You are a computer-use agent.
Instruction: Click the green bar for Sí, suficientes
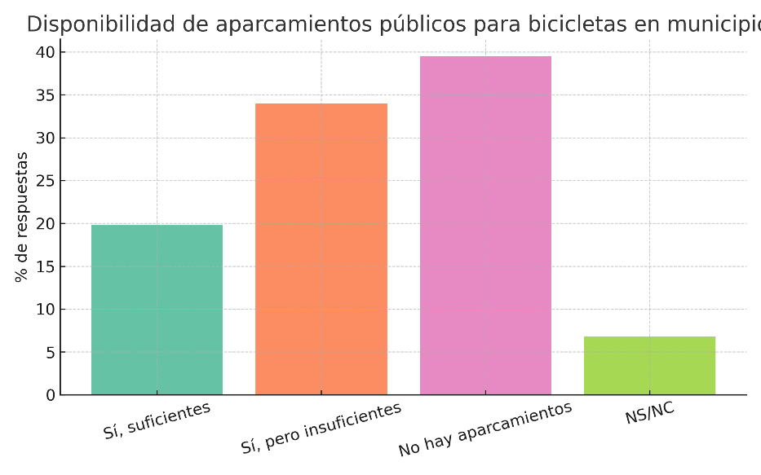[x=157, y=310]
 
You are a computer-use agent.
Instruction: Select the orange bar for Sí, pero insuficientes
[x=321, y=249]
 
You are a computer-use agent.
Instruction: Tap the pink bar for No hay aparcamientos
[x=485, y=226]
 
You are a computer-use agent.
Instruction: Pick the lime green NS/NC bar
[x=649, y=366]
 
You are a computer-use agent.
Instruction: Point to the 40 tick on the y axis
[x=46, y=52]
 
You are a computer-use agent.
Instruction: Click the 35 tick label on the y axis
[x=46, y=95]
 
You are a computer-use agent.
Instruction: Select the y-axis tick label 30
[x=46, y=138]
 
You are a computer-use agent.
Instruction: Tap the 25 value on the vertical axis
[x=46, y=181]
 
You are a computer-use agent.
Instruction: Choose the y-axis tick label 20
[x=46, y=224]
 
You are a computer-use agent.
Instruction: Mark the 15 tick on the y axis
[x=46, y=266]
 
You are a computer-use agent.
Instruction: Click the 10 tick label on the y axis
[x=46, y=310]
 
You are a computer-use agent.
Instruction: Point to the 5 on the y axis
[x=51, y=353]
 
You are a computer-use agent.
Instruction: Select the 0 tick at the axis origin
[x=51, y=395]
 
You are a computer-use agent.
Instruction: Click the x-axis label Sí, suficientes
[x=157, y=420]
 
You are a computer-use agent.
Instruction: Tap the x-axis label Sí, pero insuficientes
[x=321, y=429]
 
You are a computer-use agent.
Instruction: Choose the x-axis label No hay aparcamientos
[x=485, y=429]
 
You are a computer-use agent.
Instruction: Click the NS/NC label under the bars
[x=649, y=413]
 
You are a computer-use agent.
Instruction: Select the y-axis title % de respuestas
[x=22, y=217]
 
